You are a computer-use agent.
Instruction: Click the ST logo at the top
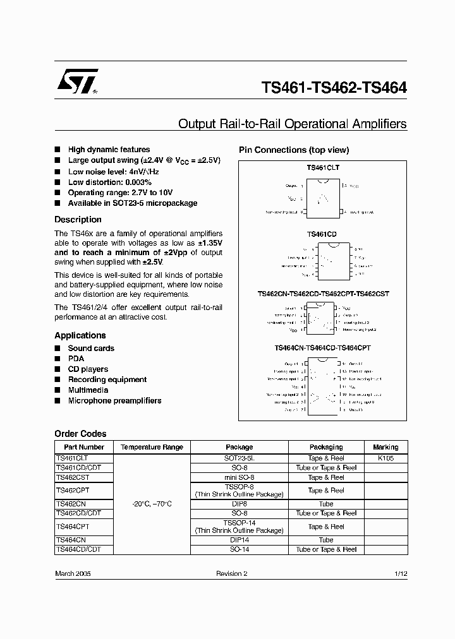[x=77, y=82]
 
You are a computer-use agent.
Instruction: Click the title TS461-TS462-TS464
[x=334, y=88]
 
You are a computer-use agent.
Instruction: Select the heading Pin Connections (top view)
[x=293, y=150]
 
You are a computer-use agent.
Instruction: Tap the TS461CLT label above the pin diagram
[x=322, y=168]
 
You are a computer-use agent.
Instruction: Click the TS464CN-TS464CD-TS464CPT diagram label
[x=323, y=348]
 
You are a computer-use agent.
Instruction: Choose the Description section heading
[x=78, y=220]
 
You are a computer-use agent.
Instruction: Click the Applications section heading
[x=80, y=335]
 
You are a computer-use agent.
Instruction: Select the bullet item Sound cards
[x=91, y=349]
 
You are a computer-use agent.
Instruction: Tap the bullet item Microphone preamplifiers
[x=114, y=401]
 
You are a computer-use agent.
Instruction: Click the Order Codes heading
[x=80, y=434]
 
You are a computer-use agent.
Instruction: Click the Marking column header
[x=385, y=447]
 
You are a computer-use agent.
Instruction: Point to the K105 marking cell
[x=385, y=458]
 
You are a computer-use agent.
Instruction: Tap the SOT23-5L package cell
[x=239, y=458]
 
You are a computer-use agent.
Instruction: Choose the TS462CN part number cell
[x=70, y=505]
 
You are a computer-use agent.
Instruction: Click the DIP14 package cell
[x=239, y=540]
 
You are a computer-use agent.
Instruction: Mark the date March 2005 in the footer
[x=73, y=574]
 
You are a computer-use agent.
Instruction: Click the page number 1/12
[x=400, y=574]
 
